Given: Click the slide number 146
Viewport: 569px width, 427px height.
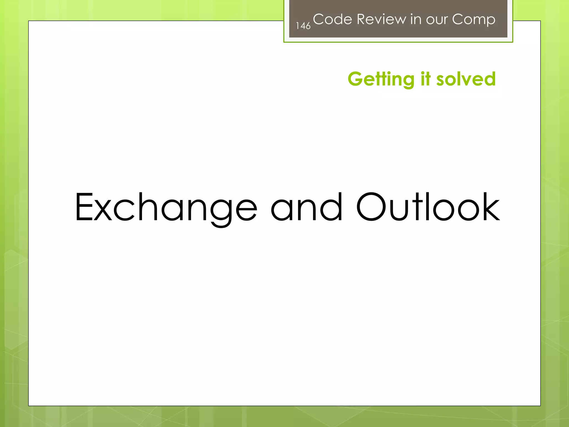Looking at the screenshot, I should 303,26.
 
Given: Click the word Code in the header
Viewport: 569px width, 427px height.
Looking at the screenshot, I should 333,19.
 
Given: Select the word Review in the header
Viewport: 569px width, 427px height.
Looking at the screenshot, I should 381,19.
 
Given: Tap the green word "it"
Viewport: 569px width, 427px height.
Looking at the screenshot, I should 426,79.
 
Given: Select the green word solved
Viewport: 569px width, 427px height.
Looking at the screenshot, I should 466,79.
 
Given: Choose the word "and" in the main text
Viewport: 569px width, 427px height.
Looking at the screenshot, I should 306,207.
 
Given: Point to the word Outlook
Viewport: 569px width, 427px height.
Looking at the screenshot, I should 428,207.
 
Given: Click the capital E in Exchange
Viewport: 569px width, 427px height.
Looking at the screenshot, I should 84,207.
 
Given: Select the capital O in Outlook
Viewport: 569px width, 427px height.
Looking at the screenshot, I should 371,207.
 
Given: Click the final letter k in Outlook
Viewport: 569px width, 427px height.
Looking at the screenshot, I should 490,207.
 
